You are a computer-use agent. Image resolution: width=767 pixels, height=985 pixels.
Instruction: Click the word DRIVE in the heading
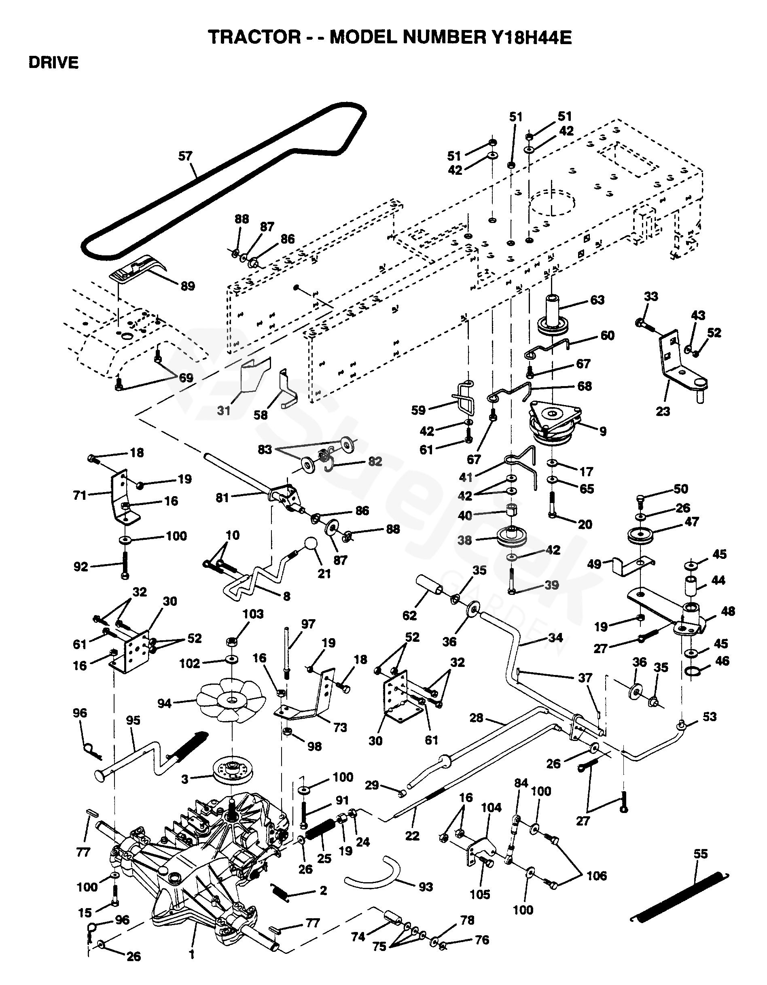54,63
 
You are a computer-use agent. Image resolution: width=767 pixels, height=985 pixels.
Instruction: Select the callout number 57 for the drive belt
185,156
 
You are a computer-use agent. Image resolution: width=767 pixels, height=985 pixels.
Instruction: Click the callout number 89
188,286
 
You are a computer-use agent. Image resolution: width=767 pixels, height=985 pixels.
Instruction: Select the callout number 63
597,300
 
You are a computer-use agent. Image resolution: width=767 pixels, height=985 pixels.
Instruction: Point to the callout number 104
491,807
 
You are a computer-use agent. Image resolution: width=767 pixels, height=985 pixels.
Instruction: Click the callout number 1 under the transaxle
192,954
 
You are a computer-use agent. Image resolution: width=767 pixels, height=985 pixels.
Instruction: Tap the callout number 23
662,411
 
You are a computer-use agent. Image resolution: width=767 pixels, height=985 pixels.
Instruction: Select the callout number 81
222,497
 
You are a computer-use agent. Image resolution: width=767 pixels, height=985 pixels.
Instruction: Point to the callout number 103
252,614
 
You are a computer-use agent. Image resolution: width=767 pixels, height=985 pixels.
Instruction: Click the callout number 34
555,637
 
